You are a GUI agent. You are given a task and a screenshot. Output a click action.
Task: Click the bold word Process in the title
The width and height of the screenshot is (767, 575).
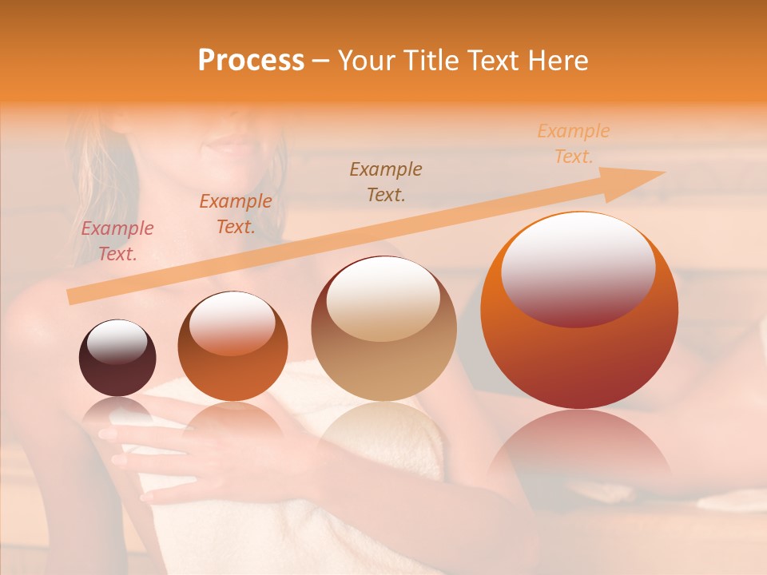[x=251, y=61]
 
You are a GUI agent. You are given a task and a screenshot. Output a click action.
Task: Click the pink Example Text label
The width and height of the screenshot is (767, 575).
[x=117, y=241]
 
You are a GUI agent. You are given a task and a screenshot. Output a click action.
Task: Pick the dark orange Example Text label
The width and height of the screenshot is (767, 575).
[x=235, y=214]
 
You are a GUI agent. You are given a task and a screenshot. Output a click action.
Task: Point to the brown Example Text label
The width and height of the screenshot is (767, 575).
[x=386, y=181]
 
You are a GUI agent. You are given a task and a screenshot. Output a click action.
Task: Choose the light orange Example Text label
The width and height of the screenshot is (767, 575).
[x=573, y=144]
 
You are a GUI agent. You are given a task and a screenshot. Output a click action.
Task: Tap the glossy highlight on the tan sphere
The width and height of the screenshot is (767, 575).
[x=383, y=299]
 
